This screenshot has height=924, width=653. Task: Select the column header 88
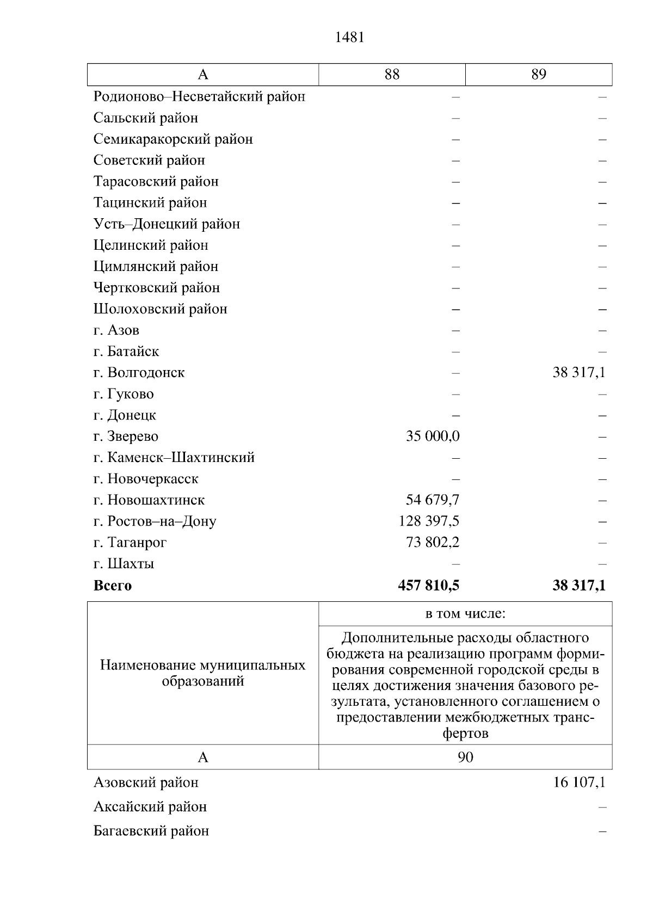[392, 75]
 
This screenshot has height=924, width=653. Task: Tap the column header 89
[539, 75]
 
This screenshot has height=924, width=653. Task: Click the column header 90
[465, 757]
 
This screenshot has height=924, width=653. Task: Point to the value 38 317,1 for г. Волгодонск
[579, 373]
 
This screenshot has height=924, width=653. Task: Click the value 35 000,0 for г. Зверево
[433, 436]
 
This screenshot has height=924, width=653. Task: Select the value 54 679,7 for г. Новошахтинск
[433, 500]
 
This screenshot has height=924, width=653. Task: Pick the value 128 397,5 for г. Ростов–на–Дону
[429, 521]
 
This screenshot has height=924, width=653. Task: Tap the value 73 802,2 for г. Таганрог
[433, 543]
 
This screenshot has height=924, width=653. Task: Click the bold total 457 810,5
[429, 586]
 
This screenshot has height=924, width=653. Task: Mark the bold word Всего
[113, 586]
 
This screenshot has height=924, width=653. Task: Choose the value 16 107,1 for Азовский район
[579, 783]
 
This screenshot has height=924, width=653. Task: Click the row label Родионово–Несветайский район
[199, 97]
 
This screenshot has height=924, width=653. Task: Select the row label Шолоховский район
[161, 309]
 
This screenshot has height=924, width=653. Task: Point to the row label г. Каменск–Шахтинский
[174, 458]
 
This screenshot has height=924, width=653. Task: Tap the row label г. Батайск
[126, 352]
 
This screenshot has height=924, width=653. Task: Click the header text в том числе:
[465, 614]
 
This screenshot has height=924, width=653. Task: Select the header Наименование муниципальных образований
[202, 673]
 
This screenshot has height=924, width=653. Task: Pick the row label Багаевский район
[151, 831]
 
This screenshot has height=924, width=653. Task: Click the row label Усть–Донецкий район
[167, 224]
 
